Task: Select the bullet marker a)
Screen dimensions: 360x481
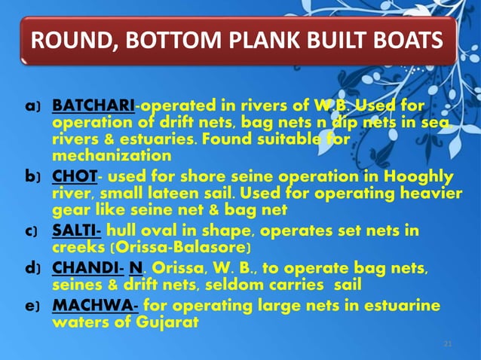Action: pyautogui.click(x=32, y=105)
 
